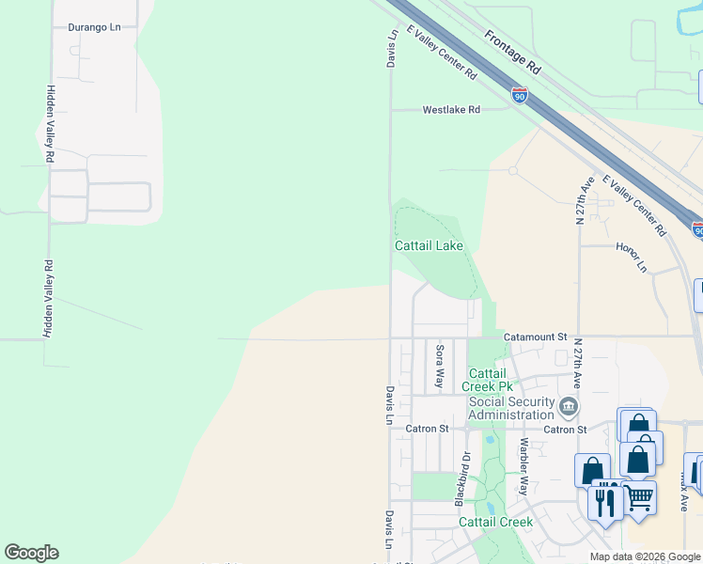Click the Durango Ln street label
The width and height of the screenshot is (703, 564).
coord(95,27)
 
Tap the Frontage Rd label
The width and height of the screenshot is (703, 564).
coord(513,52)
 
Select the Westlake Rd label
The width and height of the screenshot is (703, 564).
coord(451,110)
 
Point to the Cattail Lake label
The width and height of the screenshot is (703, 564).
coord(429,246)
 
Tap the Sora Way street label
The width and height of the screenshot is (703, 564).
coord(439,367)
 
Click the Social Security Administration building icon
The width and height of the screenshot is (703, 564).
coord(568,406)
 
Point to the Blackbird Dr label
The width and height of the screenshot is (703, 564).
coord(463,479)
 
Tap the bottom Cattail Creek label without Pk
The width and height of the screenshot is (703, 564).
coord(495,522)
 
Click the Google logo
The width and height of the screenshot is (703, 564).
coord(31,553)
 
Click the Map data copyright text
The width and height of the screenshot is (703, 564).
coord(645,556)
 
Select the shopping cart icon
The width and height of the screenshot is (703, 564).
coord(639,497)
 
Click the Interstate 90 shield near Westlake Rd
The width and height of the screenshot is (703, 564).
coord(520,95)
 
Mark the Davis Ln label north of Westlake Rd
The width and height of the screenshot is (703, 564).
coord(392,47)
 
